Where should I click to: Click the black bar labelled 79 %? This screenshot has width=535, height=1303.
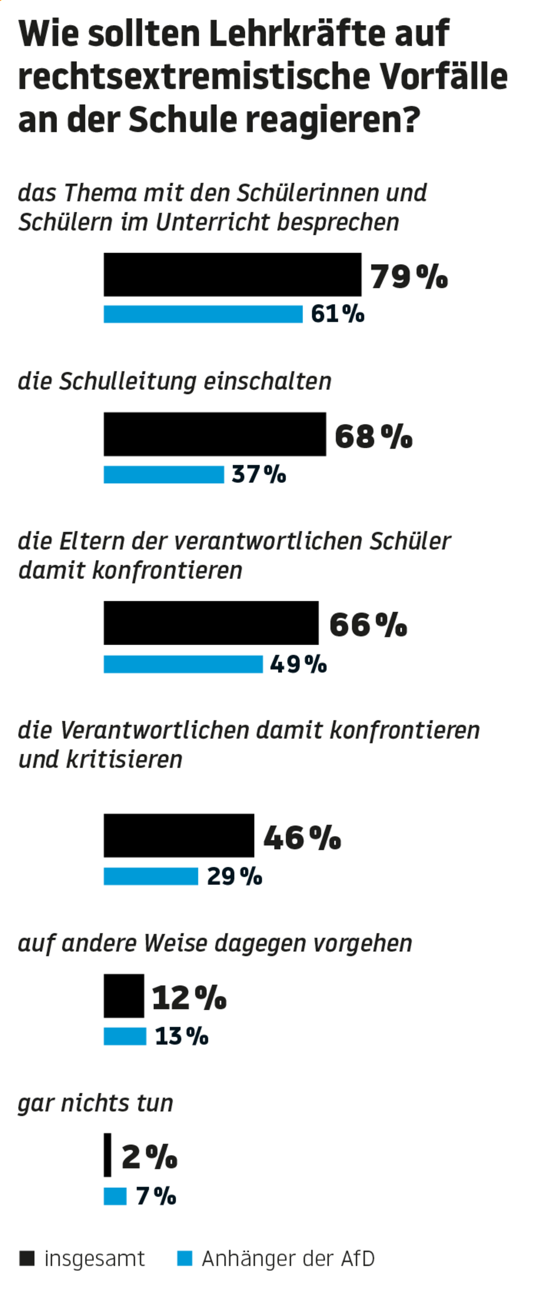[232, 274]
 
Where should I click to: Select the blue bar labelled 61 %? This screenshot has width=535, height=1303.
[203, 314]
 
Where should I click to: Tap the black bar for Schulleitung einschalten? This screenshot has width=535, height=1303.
[215, 434]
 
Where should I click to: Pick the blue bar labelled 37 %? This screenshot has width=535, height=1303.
[163, 474]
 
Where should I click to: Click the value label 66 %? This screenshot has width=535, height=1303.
[368, 624]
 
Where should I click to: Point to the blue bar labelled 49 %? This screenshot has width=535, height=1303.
[183, 664]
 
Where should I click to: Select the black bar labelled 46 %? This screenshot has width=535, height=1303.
[178, 835]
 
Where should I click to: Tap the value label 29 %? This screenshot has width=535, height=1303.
[234, 876]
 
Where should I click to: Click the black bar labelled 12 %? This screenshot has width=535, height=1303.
[124, 996]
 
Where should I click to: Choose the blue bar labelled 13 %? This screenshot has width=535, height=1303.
[125, 1036]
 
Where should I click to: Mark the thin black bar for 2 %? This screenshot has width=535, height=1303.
[107, 1155]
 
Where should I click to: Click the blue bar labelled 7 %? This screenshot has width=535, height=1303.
[115, 1196]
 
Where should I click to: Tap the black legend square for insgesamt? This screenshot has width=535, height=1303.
[27, 1258]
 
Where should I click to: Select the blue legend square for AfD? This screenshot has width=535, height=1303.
[184, 1258]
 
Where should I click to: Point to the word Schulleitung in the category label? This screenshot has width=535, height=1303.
[128, 381]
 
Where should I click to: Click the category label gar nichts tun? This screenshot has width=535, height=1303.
[95, 1103]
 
